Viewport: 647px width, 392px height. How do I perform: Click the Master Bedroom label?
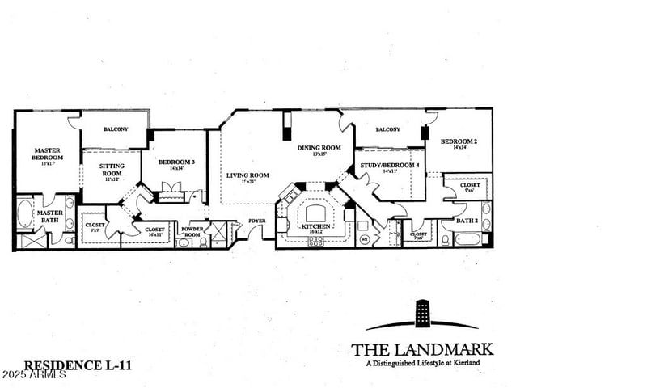click(47, 154)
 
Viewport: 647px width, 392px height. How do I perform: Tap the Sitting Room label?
click(111, 169)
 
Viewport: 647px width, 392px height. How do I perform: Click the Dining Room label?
click(319, 148)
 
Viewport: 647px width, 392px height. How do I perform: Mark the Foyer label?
click(257, 220)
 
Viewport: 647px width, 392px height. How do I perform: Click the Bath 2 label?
click(466, 220)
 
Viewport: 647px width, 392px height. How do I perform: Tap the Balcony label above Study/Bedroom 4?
click(388, 129)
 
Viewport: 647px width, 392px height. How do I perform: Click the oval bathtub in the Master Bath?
click(23, 217)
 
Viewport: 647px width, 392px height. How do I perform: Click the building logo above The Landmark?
click(421, 315)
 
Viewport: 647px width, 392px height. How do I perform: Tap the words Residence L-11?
click(78, 365)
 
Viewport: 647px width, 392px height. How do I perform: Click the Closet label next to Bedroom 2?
click(471, 186)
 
